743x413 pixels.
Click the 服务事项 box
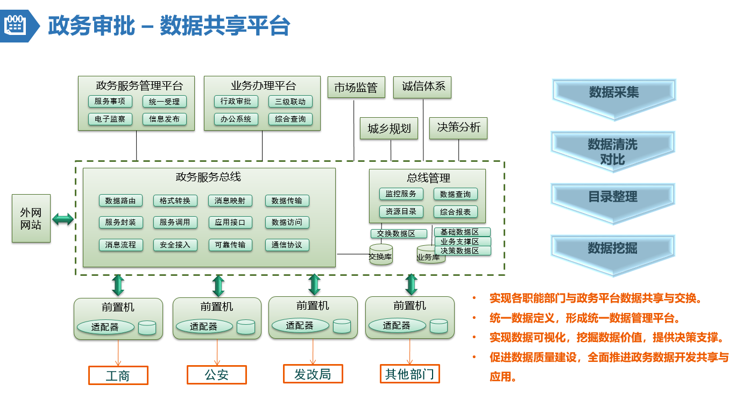[110, 101]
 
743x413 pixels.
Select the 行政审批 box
[236, 101]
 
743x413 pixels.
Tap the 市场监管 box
[356, 87]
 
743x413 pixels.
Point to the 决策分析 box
[458, 128]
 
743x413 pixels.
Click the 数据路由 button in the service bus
[121, 201]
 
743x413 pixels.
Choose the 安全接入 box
[175, 245]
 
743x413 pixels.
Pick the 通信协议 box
[287, 245]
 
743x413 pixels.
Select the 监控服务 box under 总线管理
[401, 194]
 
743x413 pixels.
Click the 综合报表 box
[455, 212]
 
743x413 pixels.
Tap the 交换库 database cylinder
[381, 254]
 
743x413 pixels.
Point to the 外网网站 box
[31, 218]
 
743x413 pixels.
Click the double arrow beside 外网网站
[63, 219]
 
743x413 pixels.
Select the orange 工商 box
[118, 375]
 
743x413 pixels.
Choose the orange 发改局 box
[313, 374]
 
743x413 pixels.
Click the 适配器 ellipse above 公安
[204, 326]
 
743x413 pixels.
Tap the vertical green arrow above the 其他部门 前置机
[411, 284]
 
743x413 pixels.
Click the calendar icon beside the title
[15, 25]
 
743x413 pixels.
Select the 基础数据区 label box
[462, 232]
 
